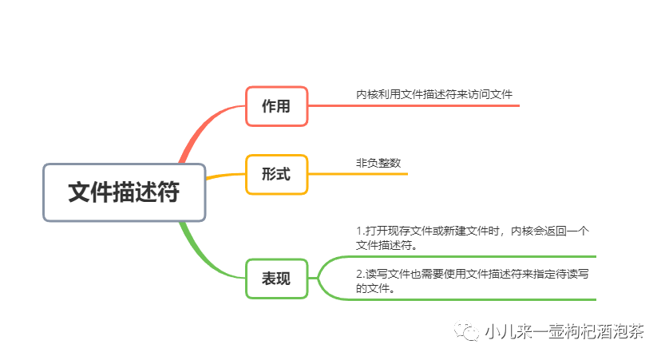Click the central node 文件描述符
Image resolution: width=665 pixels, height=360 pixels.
pyautogui.click(x=124, y=192)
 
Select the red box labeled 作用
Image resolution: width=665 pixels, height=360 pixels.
pyautogui.click(x=276, y=106)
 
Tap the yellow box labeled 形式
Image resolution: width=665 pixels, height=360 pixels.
pyautogui.click(x=276, y=174)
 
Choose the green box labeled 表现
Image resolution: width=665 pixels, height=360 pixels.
pyautogui.click(x=276, y=279)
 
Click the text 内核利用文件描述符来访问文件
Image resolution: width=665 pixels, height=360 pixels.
pyautogui.click(x=434, y=94)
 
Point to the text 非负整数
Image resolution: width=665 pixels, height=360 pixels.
pyautogui.click(x=378, y=163)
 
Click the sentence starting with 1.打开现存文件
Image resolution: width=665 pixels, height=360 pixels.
pyautogui.click(x=472, y=238)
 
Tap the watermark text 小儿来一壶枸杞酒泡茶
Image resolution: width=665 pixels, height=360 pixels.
pyautogui.click(x=564, y=332)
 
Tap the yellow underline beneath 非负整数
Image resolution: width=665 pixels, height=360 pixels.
pyautogui.click(x=359, y=173)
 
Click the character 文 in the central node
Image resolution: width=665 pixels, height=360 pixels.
pyautogui.click(x=79, y=192)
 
